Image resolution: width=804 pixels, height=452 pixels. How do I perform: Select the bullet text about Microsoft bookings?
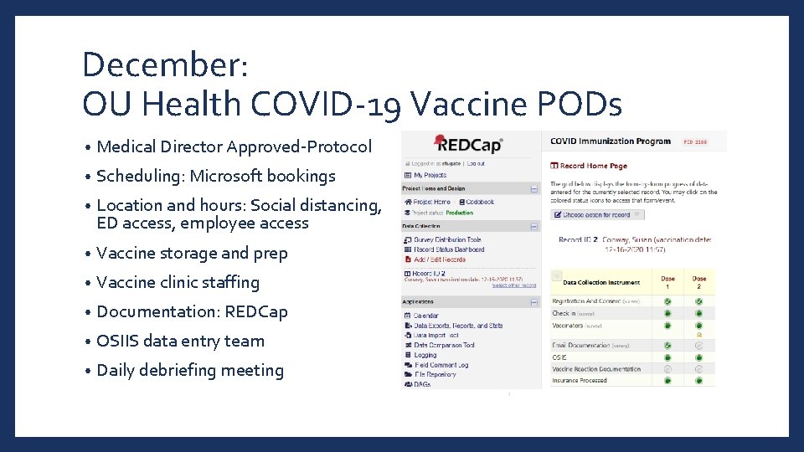pyautogui.click(x=215, y=176)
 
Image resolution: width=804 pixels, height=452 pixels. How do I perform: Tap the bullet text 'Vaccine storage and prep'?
pyautogui.click(x=192, y=253)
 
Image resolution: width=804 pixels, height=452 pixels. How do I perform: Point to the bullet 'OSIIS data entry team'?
pyautogui.click(x=180, y=341)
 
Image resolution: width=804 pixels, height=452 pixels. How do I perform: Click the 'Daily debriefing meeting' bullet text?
pyautogui.click(x=190, y=370)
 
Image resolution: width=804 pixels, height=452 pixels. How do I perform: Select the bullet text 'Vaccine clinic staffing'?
pyautogui.click(x=178, y=282)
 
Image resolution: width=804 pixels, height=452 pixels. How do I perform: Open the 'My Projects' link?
pyautogui.click(x=430, y=175)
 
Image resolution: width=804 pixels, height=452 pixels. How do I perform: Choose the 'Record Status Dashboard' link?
pyautogui.click(x=449, y=249)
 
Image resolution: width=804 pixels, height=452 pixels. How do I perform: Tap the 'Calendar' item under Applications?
pyautogui.click(x=425, y=316)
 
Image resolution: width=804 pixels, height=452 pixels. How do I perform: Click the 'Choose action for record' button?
pyautogui.click(x=597, y=214)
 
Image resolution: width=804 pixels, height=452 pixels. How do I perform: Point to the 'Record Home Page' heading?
pyautogui.click(x=593, y=166)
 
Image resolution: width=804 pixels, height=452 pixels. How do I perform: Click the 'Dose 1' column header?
pyautogui.click(x=667, y=283)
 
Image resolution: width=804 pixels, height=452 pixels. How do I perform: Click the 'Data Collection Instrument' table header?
pyautogui.click(x=601, y=283)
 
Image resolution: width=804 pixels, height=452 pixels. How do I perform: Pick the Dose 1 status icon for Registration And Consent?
pyautogui.click(x=667, y=301)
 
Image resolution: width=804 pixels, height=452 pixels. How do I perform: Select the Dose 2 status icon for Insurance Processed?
pyautogui.click(x=699, y=381)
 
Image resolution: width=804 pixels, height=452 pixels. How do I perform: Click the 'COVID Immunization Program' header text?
pyautogui.click(x=611, y=141)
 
